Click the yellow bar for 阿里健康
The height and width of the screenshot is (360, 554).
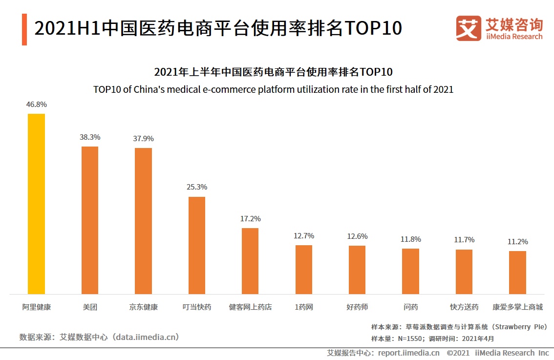(36, 204)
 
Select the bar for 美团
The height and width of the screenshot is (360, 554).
(89, 220)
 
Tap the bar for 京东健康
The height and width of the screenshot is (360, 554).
(143, 221)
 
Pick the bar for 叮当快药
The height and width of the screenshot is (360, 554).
(197, 245)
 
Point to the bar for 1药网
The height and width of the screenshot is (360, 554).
(303, 269)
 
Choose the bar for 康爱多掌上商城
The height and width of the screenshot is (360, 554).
(517, 272)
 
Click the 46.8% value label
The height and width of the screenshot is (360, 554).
(37, 105)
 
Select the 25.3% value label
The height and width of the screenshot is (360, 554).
(197, 187)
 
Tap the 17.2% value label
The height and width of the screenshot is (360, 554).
(250, 219)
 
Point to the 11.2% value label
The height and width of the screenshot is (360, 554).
(517, 242)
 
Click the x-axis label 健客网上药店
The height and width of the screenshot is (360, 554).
(250, 307)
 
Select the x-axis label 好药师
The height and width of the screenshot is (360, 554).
(357, 307)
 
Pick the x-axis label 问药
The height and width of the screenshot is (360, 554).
(410, 307)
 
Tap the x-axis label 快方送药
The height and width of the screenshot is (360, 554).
(464, 307)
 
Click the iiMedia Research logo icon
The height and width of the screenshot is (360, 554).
(469, 28)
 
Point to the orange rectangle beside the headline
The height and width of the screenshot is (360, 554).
(24, 29)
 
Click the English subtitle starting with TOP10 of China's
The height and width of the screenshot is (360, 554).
(273, 90)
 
